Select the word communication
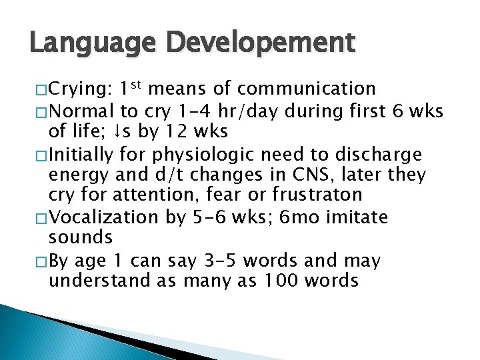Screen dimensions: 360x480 click(307, 89)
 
